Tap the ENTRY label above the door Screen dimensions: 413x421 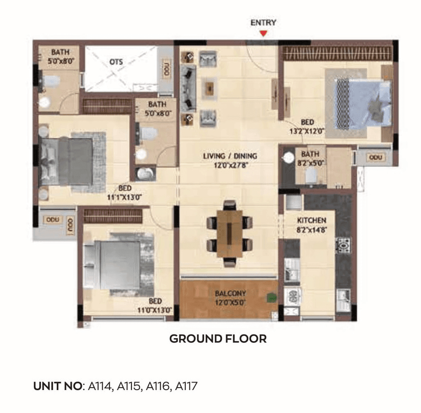click(x=263, y=23)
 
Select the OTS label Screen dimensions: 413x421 click(x=116, y=62)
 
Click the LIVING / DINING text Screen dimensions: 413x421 click(x=230, y=156)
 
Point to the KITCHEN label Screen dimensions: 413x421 click(x=311, y=220)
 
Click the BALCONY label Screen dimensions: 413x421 click(x=230, y=293)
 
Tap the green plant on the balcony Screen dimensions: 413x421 click(x=272, y=298)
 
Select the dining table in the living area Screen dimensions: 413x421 click(x=229, y=234)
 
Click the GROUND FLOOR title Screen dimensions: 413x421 click(x=218, y=339)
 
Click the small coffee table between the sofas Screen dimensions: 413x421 click(x=209, y=87)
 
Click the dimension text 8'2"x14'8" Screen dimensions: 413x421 click(x=311, y=229)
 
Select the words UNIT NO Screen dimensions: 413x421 click(x=58, y=386)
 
